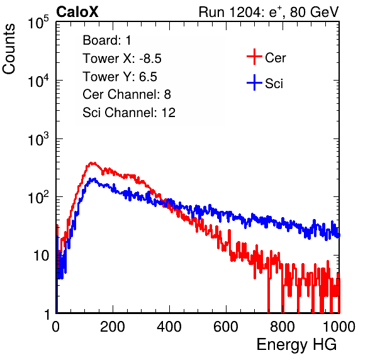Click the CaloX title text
[77, 12]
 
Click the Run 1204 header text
[269, 12]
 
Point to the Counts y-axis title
[9, 49]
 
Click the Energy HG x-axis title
[296, 345]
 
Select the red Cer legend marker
[254, 57]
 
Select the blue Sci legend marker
[254, 82]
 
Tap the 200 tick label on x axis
[113, 327]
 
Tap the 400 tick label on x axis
[169, 327]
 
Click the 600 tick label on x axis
[226, 327]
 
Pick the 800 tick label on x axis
[283, 327]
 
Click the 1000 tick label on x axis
[339, 327]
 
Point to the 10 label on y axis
[42, 256]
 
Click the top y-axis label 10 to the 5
[38, 22]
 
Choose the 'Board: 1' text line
[107, 40]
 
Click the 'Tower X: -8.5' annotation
[122, 59]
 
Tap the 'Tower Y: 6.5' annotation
[120, 77]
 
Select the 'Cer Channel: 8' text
[126, 94]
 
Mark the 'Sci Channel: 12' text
[129, 113]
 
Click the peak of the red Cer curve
[91, 162]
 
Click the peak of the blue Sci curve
[94, 179]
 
